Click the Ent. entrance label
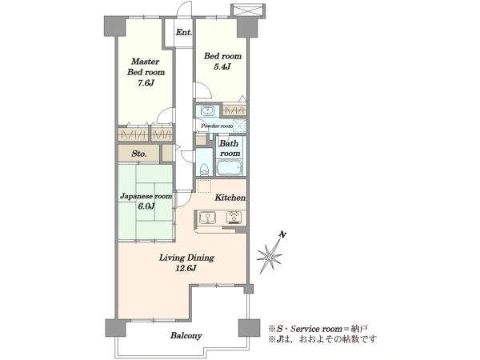click(x=184, y=32)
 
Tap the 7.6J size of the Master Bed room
click(x=146, y=82)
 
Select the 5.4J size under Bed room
click(x=222, y=66)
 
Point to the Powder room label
click(x=217, y=126)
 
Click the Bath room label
click(x=230, y=148)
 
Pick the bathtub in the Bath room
click(x=230, y=168)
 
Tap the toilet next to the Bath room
click(x=204, y=169)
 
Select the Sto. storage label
click(x=139, y=154)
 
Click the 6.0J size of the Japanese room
click(x=146, y=206)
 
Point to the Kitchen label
click(x=230, y=198)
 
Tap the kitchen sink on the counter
click(x=207, y=218)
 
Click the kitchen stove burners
click(x=234, y=218)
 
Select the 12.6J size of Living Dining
click(x=186, y=269)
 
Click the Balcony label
click(x=186, y=336)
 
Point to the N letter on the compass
click(x=283, y=234)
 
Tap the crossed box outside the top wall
click(x=248, y=10)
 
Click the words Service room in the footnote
click(x=316, y=329)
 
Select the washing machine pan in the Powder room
click(x=239, y=126)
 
